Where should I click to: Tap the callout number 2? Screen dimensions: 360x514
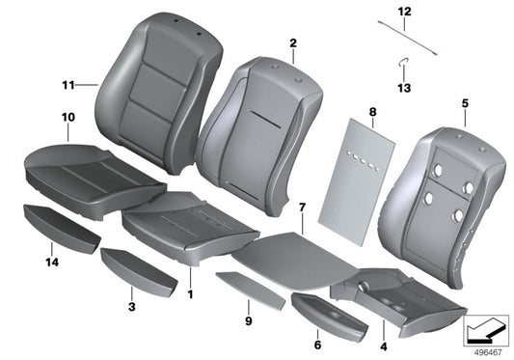(291, 43)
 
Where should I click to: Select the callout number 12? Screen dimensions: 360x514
(404, 11)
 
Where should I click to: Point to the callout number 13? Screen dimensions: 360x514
(404, 89)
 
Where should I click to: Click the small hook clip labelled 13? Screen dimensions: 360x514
(404, 66)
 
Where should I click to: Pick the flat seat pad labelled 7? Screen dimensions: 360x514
(280, 253)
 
